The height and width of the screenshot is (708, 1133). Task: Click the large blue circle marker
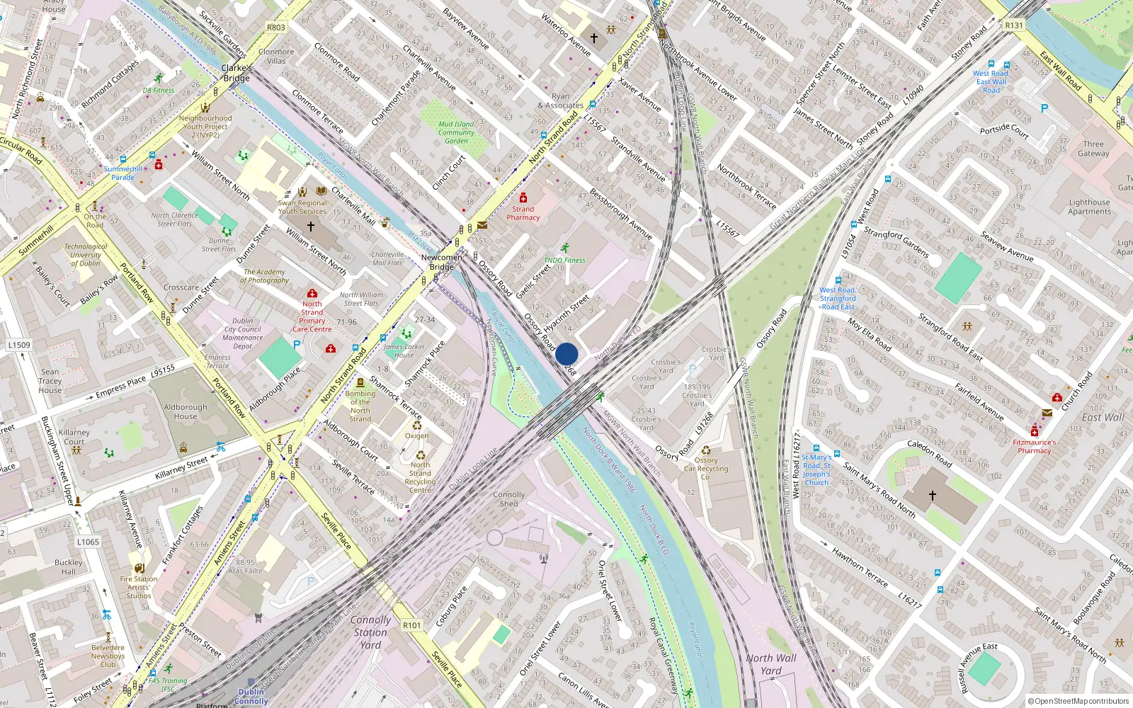pos(566,354)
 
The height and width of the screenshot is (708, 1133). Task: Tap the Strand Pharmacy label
pos(523,213)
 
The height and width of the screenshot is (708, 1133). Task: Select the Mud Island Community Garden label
pos(456,132)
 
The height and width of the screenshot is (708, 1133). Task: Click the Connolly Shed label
pos(508,499)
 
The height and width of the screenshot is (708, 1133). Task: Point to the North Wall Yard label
pos(771,664)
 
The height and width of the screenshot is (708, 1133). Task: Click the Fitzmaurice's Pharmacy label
pos(1034,446)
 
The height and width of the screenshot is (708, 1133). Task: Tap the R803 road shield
pos(276,28)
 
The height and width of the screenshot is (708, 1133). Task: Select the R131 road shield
pos(1014,25)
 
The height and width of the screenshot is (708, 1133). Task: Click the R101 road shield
pos(411,625)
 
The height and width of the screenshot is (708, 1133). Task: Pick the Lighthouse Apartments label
pos(1089,207)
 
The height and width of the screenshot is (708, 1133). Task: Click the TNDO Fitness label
pos(564,260)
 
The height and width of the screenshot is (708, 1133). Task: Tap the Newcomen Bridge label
pos(441,262)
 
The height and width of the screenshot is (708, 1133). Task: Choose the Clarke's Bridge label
pos(237,73)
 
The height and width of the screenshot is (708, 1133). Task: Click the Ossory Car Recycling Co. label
pos(705,469)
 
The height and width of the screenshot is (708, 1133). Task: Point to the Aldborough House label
pos(186,411)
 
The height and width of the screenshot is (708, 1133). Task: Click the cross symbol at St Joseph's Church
pos(932,496)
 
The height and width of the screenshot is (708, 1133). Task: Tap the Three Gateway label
pos(1093,149)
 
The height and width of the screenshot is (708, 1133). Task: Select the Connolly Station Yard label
pos(370,632)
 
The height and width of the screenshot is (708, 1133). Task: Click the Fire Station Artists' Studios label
pos(139,587)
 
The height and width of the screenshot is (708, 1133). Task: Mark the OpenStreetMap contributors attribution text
pos(1078,702)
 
